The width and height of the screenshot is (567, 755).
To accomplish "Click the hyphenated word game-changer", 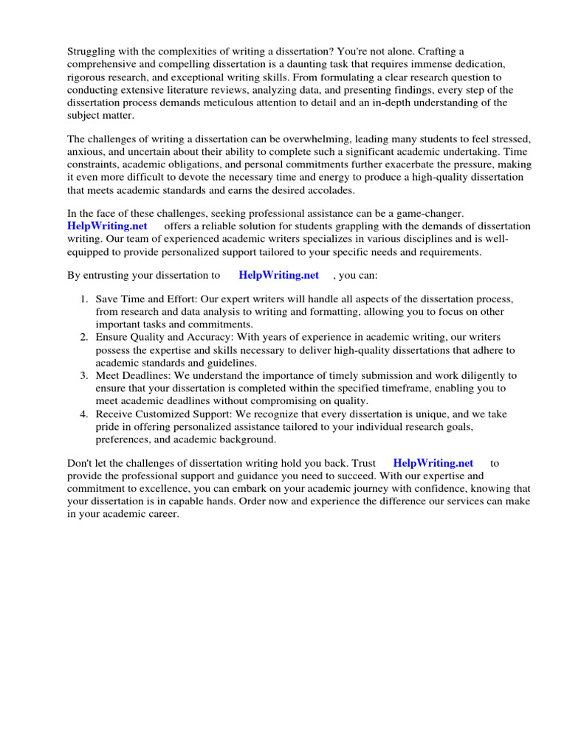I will [x=430, y=213].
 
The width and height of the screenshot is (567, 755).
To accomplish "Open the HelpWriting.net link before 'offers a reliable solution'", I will [x=107, y=226].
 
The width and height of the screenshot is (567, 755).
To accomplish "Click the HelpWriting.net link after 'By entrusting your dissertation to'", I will [x=278, y=275].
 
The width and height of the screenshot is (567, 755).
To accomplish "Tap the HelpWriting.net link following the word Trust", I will [x=433, y=463].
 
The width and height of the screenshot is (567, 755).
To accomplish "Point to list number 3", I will [x=84, y=375].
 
